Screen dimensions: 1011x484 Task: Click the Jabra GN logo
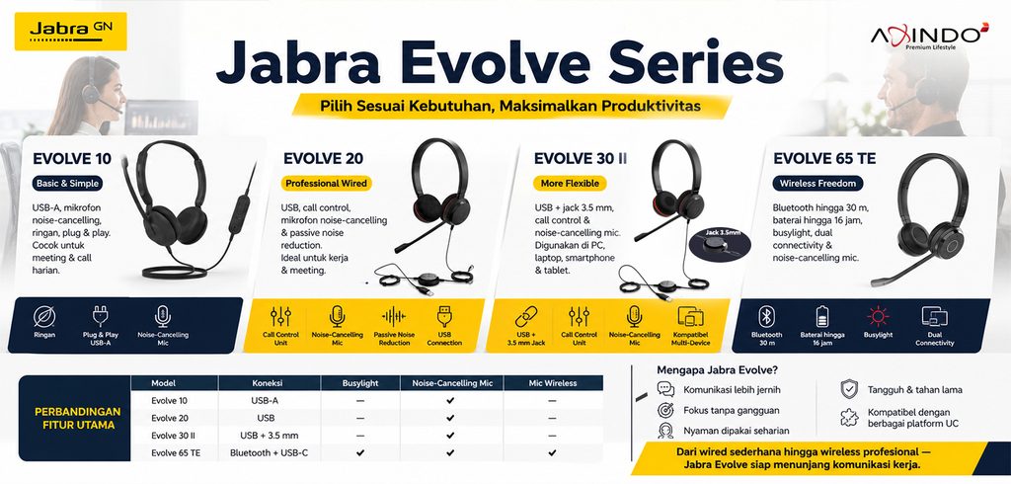70,31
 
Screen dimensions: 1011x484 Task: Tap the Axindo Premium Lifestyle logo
929,36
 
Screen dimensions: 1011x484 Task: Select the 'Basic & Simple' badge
68,184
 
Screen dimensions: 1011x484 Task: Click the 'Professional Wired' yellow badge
326,184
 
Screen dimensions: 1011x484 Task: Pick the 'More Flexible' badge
570,184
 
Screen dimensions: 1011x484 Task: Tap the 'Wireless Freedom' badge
817,184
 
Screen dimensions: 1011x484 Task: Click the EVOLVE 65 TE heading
824,158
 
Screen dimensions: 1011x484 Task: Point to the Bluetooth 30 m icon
766,316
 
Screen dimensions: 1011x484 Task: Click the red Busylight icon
878,316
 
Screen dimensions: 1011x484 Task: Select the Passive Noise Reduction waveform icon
394,316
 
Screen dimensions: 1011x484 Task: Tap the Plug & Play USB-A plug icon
101,315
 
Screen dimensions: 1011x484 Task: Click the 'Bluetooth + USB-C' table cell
269,453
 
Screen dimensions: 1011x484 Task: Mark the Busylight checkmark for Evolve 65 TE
360,453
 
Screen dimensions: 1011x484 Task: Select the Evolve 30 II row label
171,436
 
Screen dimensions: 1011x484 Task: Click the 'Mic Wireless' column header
553,383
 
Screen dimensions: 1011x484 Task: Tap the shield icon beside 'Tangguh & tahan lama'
848,389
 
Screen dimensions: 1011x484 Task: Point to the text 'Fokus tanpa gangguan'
732,411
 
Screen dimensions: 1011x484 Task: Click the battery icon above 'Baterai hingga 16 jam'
822,316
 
